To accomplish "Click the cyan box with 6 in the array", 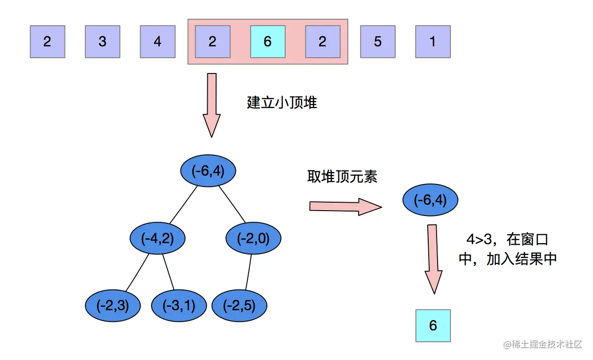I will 267,41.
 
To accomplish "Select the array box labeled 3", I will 103,41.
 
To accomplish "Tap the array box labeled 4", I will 157,41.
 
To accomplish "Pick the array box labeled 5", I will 377,41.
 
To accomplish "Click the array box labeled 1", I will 433,41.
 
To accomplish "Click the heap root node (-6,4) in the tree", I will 208,171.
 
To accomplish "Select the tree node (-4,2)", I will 157,239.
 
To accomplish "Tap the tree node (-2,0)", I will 253,239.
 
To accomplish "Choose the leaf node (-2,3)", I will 113,306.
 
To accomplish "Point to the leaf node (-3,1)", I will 179,306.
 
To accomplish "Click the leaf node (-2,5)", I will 239,306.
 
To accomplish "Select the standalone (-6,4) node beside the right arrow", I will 431,200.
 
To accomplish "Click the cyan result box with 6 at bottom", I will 433,325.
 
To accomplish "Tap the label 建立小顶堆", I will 282,103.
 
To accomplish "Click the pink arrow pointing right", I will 345,207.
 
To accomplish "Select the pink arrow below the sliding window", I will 212,105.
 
